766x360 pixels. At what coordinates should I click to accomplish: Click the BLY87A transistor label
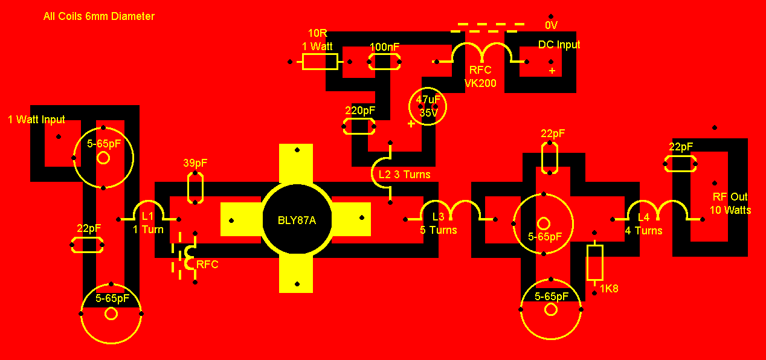297,220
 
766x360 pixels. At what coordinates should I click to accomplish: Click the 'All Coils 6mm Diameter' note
99,16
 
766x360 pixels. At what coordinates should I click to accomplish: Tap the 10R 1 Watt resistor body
320,62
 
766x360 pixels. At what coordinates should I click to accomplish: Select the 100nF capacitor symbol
384,62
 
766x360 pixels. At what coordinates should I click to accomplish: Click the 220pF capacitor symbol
359,126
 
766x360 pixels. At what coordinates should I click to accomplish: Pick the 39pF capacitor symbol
195,188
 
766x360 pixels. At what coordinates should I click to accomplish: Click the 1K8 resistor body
594,263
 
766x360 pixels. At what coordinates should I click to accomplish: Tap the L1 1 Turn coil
149,209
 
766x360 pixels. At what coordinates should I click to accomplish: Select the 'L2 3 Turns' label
405,175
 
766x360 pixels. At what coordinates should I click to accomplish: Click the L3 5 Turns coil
451,209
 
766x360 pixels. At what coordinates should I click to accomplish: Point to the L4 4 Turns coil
658,209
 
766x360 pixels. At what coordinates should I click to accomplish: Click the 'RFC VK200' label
480,77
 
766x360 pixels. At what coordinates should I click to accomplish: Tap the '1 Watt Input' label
36,120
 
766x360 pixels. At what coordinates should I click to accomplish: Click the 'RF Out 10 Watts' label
730,204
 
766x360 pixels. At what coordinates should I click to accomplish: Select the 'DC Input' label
559,45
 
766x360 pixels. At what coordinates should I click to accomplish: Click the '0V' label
552,25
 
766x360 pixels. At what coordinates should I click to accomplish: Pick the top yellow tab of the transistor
296,164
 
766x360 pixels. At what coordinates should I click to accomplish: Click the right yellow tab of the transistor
351,219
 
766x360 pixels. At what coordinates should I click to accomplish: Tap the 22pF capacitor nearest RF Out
680,164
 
